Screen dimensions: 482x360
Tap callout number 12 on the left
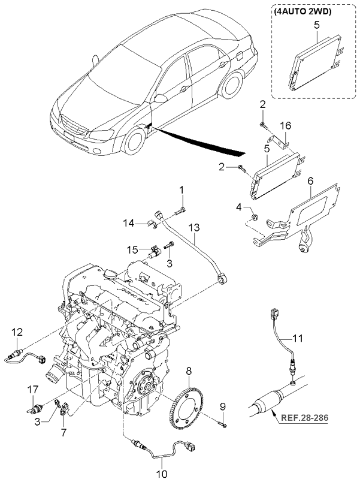[18, 332]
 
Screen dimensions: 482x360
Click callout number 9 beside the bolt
[223, 407]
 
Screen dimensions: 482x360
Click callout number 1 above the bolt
[182, 191]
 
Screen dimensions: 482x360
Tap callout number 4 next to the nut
[238, 207]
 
